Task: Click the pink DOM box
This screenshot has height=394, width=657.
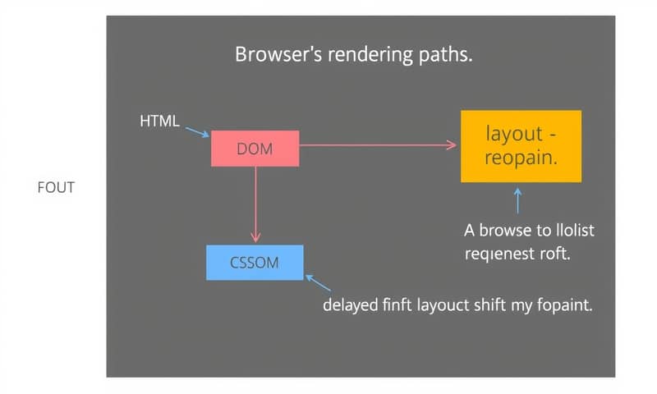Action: (255, 149)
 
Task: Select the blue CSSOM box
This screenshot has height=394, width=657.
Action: (255, 263)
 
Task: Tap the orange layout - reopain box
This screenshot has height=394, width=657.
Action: (521, 146)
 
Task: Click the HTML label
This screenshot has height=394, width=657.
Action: (159, 121)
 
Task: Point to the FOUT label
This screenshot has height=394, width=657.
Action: (56, 188)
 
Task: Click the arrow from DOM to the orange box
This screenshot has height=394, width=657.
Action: (378, 145)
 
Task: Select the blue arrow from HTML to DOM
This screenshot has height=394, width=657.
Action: (197, 132)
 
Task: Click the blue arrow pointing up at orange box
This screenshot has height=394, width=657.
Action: (517, 200)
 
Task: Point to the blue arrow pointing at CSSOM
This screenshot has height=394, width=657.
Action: (318, 283)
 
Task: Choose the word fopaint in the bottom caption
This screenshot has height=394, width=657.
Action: (564, 305)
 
